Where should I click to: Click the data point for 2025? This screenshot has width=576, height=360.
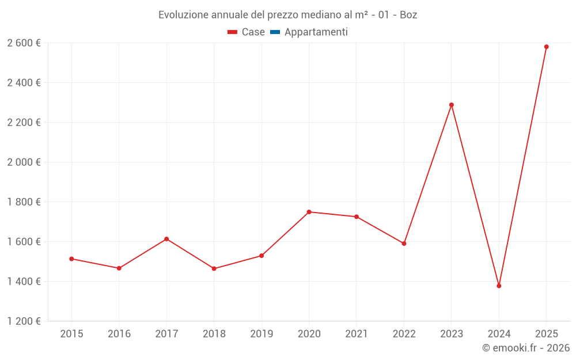click(546, 47)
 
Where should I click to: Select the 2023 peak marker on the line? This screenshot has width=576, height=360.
click(452, 105)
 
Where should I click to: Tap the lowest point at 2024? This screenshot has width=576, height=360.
click(499, 286)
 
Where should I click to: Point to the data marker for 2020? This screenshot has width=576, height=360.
click(309, 212)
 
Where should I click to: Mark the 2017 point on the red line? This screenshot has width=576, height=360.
click(166, 239)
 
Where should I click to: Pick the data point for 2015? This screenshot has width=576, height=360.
click(71, 259)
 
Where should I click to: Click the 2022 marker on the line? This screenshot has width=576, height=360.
click(404, 244)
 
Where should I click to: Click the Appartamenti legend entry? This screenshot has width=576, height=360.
click(316, 32)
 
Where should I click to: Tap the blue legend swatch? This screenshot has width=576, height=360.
click(275, 32)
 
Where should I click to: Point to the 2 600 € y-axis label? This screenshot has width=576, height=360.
click(24, 43)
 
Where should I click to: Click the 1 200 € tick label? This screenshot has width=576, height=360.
click(24, 321)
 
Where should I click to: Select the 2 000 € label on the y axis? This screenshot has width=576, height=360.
click(24, 162)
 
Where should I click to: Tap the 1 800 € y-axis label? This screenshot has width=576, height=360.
click(24, 202)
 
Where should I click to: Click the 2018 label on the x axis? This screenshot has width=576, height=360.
click(214, 334)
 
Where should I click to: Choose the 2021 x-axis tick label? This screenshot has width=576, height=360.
click(357, 334)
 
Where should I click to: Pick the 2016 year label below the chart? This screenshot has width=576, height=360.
click(119, 334)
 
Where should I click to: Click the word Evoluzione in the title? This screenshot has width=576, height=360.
click(181, 15)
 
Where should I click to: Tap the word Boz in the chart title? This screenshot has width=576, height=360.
click(408, 15)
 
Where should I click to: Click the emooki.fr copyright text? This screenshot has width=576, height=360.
click(526, 348)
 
